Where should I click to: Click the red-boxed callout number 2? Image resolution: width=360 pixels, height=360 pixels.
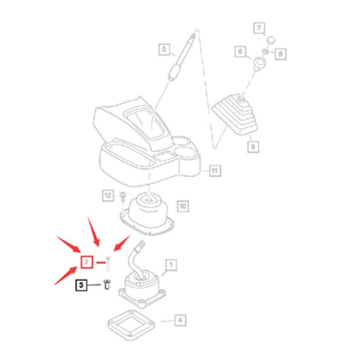click(x=87, y=262)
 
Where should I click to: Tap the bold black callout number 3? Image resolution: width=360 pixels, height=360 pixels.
click(x=81, y=285)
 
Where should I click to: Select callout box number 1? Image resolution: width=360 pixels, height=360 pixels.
click(x=171, y=265)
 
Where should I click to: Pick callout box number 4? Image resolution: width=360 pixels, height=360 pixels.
click(x=180, y=320)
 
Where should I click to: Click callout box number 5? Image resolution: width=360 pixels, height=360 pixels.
click(x=164, y=49)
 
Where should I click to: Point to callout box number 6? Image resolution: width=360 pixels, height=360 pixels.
click(x=240, y=51)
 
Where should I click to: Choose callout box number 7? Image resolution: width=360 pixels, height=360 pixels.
click(x=259, y=28)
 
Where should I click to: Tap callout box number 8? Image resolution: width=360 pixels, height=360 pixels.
click(x=280, y=54)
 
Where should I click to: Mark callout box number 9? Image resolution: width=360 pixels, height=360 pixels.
click(x=253, y=147)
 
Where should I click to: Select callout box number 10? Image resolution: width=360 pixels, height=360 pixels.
click(x=183, y=206)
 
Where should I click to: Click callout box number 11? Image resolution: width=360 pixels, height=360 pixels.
click(x=215, y=171)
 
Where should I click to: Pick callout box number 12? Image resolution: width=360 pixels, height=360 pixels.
click(x=108, y=196)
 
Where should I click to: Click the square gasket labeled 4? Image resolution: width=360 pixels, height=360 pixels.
click(x=131, y=325)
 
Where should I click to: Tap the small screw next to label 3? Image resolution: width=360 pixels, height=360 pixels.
click(x=107, y=284)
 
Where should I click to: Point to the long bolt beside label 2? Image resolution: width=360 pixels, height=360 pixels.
click(x=108, y=264)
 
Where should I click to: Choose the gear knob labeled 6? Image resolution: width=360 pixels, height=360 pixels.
click(x=260, y=63)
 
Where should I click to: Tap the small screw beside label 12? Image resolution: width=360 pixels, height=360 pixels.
click(x=122, y=198)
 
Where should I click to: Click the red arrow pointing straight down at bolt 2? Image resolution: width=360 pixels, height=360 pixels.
click(x=94, y=232)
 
